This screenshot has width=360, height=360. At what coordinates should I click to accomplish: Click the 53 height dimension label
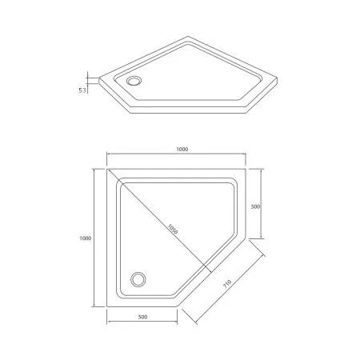click(82, 90)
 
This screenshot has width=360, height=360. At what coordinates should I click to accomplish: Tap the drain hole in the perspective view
click(134, 81)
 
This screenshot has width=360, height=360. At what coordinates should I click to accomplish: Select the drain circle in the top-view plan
click(138, 279)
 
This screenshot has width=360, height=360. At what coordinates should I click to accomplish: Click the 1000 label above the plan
click(182, 150)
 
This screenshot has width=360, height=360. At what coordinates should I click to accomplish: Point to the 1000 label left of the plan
click(86, 238)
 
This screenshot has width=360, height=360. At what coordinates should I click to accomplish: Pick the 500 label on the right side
click(255, 206)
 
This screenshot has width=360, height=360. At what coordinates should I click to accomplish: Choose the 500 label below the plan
click(142, 317)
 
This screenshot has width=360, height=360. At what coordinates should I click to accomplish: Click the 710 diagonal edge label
click(227, 284)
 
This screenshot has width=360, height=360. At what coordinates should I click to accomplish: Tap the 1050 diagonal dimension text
click(172, 229)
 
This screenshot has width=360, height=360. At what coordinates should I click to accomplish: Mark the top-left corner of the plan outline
click(107, 169)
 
